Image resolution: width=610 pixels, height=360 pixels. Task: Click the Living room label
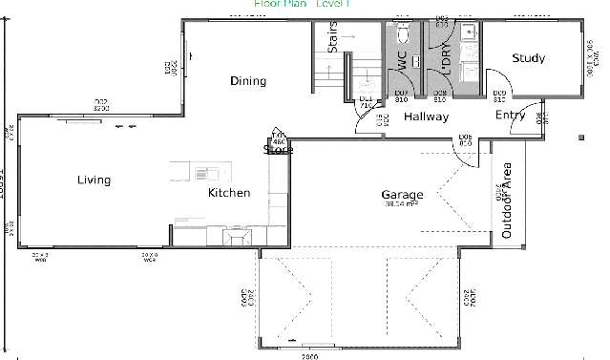[x=94, y=180]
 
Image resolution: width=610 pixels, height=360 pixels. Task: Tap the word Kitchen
[x=229, y=193]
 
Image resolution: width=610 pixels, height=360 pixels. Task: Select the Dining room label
[x=248, y=81]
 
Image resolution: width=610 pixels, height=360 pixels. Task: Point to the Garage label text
[x=402, y=193]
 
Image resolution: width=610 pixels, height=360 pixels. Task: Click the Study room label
[x=528, y=59]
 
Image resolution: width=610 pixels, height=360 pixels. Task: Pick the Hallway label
[x=426, y=117]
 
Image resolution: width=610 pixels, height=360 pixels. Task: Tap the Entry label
[x=510, y=116]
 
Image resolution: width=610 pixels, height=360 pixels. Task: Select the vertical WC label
[x=401, y=61]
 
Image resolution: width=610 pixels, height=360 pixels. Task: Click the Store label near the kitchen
[x=278, y=149]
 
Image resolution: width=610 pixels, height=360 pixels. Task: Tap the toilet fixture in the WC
[x=402, y=33]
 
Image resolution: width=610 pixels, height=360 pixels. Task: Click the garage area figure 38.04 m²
[x=402, y=204]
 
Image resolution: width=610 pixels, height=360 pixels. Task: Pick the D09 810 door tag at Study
[x=499, y=95]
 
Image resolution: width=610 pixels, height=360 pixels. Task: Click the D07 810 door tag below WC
[x=402, y=95]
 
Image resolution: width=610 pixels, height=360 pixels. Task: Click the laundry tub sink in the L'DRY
[x=468, y=34]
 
